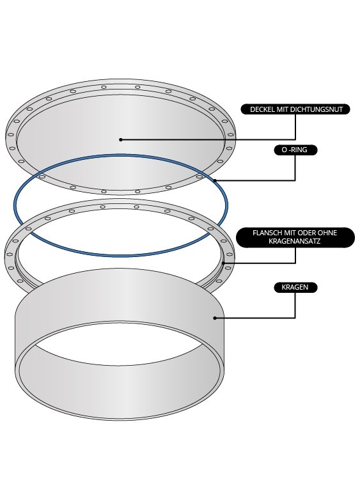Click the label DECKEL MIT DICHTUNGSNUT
295,109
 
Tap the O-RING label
295,150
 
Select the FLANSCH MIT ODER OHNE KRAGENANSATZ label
295,237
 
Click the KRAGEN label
295,287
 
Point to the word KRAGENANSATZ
295,242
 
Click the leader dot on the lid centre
121,139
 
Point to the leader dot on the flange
224,263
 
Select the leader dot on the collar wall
215,318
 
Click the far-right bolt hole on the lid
230,134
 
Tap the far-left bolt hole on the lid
11,135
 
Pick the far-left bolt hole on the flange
10,254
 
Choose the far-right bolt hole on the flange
229,254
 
